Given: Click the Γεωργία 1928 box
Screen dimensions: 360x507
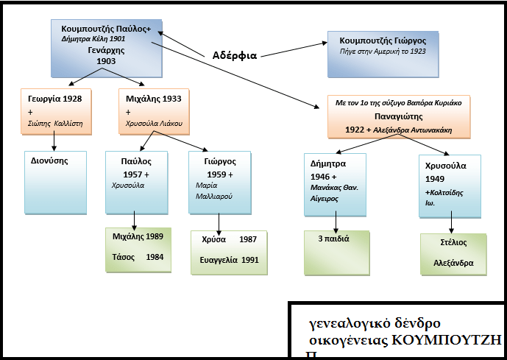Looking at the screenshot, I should (56, 111).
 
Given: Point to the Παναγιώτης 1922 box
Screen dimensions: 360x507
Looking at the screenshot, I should (398, 116).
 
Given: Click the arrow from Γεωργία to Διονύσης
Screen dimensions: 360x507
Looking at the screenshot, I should (54, 142).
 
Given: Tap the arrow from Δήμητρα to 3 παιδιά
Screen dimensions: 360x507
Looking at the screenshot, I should (336, 221).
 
